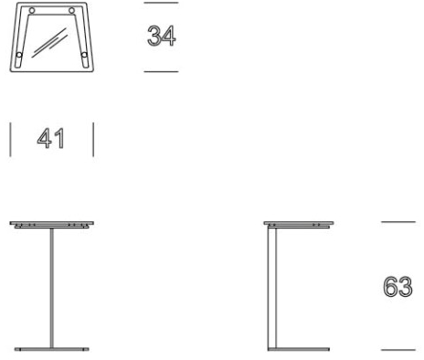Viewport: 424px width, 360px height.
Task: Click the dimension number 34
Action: point(162,36)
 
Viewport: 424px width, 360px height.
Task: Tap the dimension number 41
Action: point(51,139)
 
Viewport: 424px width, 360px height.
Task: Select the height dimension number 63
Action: point(397,287)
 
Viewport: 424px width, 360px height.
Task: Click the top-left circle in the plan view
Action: point(32,11)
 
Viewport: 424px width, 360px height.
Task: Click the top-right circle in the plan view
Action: point(71,11)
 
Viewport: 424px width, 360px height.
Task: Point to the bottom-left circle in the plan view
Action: point(19,55)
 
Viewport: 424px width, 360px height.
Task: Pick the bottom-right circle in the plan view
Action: point(84,55)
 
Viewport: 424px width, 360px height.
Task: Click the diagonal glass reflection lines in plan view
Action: point(49,43)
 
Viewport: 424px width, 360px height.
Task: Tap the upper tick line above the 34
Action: point(161,3)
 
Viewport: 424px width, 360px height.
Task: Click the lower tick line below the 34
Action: point(161,72)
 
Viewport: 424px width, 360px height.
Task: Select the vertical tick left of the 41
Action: point(11,140)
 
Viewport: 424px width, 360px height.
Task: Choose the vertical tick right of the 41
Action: point(93,140)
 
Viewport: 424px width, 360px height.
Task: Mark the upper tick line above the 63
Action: point(398,222)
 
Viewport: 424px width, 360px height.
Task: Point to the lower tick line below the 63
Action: point(398,350)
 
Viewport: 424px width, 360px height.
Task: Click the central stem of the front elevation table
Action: point(52,288)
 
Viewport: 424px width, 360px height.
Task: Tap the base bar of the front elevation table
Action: point(52,349)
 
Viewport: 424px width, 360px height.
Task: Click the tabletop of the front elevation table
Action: point(52,223)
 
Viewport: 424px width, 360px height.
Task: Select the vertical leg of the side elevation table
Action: point(272,288)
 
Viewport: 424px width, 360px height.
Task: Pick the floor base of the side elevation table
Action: point(299,349)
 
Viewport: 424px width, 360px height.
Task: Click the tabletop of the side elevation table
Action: point(299,223)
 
